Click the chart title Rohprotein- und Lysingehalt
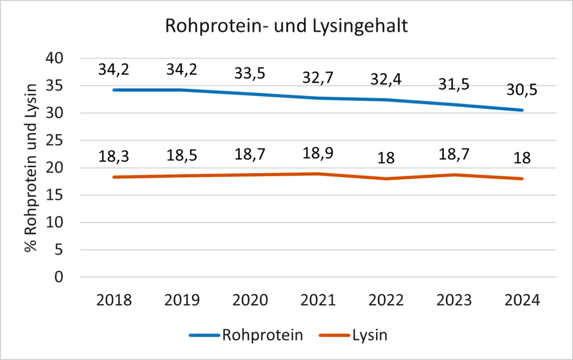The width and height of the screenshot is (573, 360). pyautogui.click(x=287, y=27)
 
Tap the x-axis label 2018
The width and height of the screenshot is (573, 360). pyautogui.click(x=114, y=301)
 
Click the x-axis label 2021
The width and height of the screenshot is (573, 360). pyautogui.click(x=318, y=301)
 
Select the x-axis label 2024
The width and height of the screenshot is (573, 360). pyautogui.click(x=522, y=301)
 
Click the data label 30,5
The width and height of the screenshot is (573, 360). pyautogui.click(x=522, y=90)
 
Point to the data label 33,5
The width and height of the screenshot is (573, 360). pyautogui.click(x=250, y=73)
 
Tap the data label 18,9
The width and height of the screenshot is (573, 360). pyautogui.click(x=318, y=154)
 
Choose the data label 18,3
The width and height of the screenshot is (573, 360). pyautogui.click(x=114, y=157)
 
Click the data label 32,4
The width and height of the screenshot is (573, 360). pyautogui.click(x=386, y=80)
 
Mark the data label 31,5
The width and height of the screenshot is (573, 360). pyautogui.click(x=454, y=84)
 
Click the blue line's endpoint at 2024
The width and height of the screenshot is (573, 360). pyautogui.click(x=522, y=110)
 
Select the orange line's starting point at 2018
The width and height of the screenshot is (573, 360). pyautogui.click(x=114, y=177)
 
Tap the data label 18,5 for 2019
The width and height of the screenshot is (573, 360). pyautogui.click(x=182, y=156)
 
